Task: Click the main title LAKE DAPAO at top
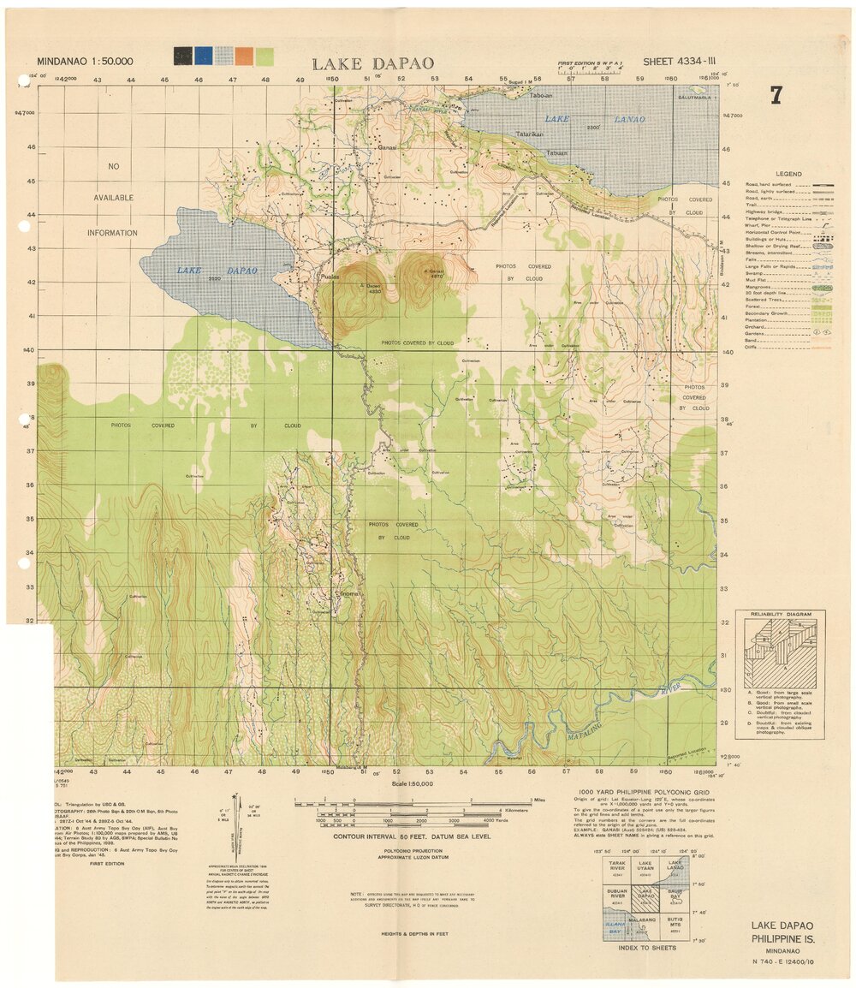(x=372, y=63)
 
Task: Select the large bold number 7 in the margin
(x=776, y=95)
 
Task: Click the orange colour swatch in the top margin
(x=244, y=57)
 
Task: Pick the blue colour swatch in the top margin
(x=203, y=57)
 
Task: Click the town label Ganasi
(x=388, y=147)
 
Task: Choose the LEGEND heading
(x=788, y=174)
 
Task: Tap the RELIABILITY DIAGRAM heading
(x=780, y=616)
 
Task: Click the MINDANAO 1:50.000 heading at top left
(x=85, y=62)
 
